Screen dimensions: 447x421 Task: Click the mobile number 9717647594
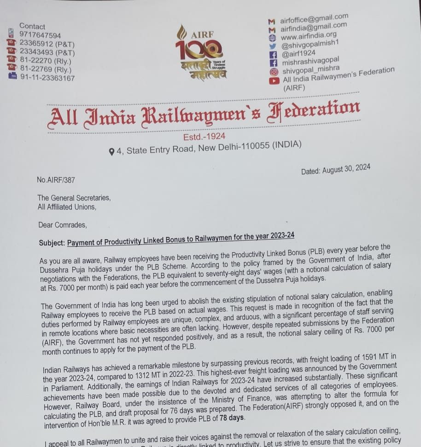pyautogui.click(x=40, y=35)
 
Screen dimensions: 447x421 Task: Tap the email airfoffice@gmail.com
pyautogui.click(x=314, y=19)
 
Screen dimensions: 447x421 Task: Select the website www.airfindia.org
pyautogui.click(x=308, y=35)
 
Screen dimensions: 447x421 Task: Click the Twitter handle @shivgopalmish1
pyautogui.click(x=310, y=45)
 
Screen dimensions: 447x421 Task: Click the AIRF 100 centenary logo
pyautogui.click(x=200, y=53)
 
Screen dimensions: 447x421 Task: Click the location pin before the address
pyautogui.click(x=111, y=151)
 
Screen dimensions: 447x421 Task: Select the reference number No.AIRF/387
pyautogui.click(x=56, y=180)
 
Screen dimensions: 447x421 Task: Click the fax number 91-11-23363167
pyautogui.click(x=47, y=78)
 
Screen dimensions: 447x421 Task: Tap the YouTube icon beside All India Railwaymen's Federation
pyautogui.click(x=275, y=80)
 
